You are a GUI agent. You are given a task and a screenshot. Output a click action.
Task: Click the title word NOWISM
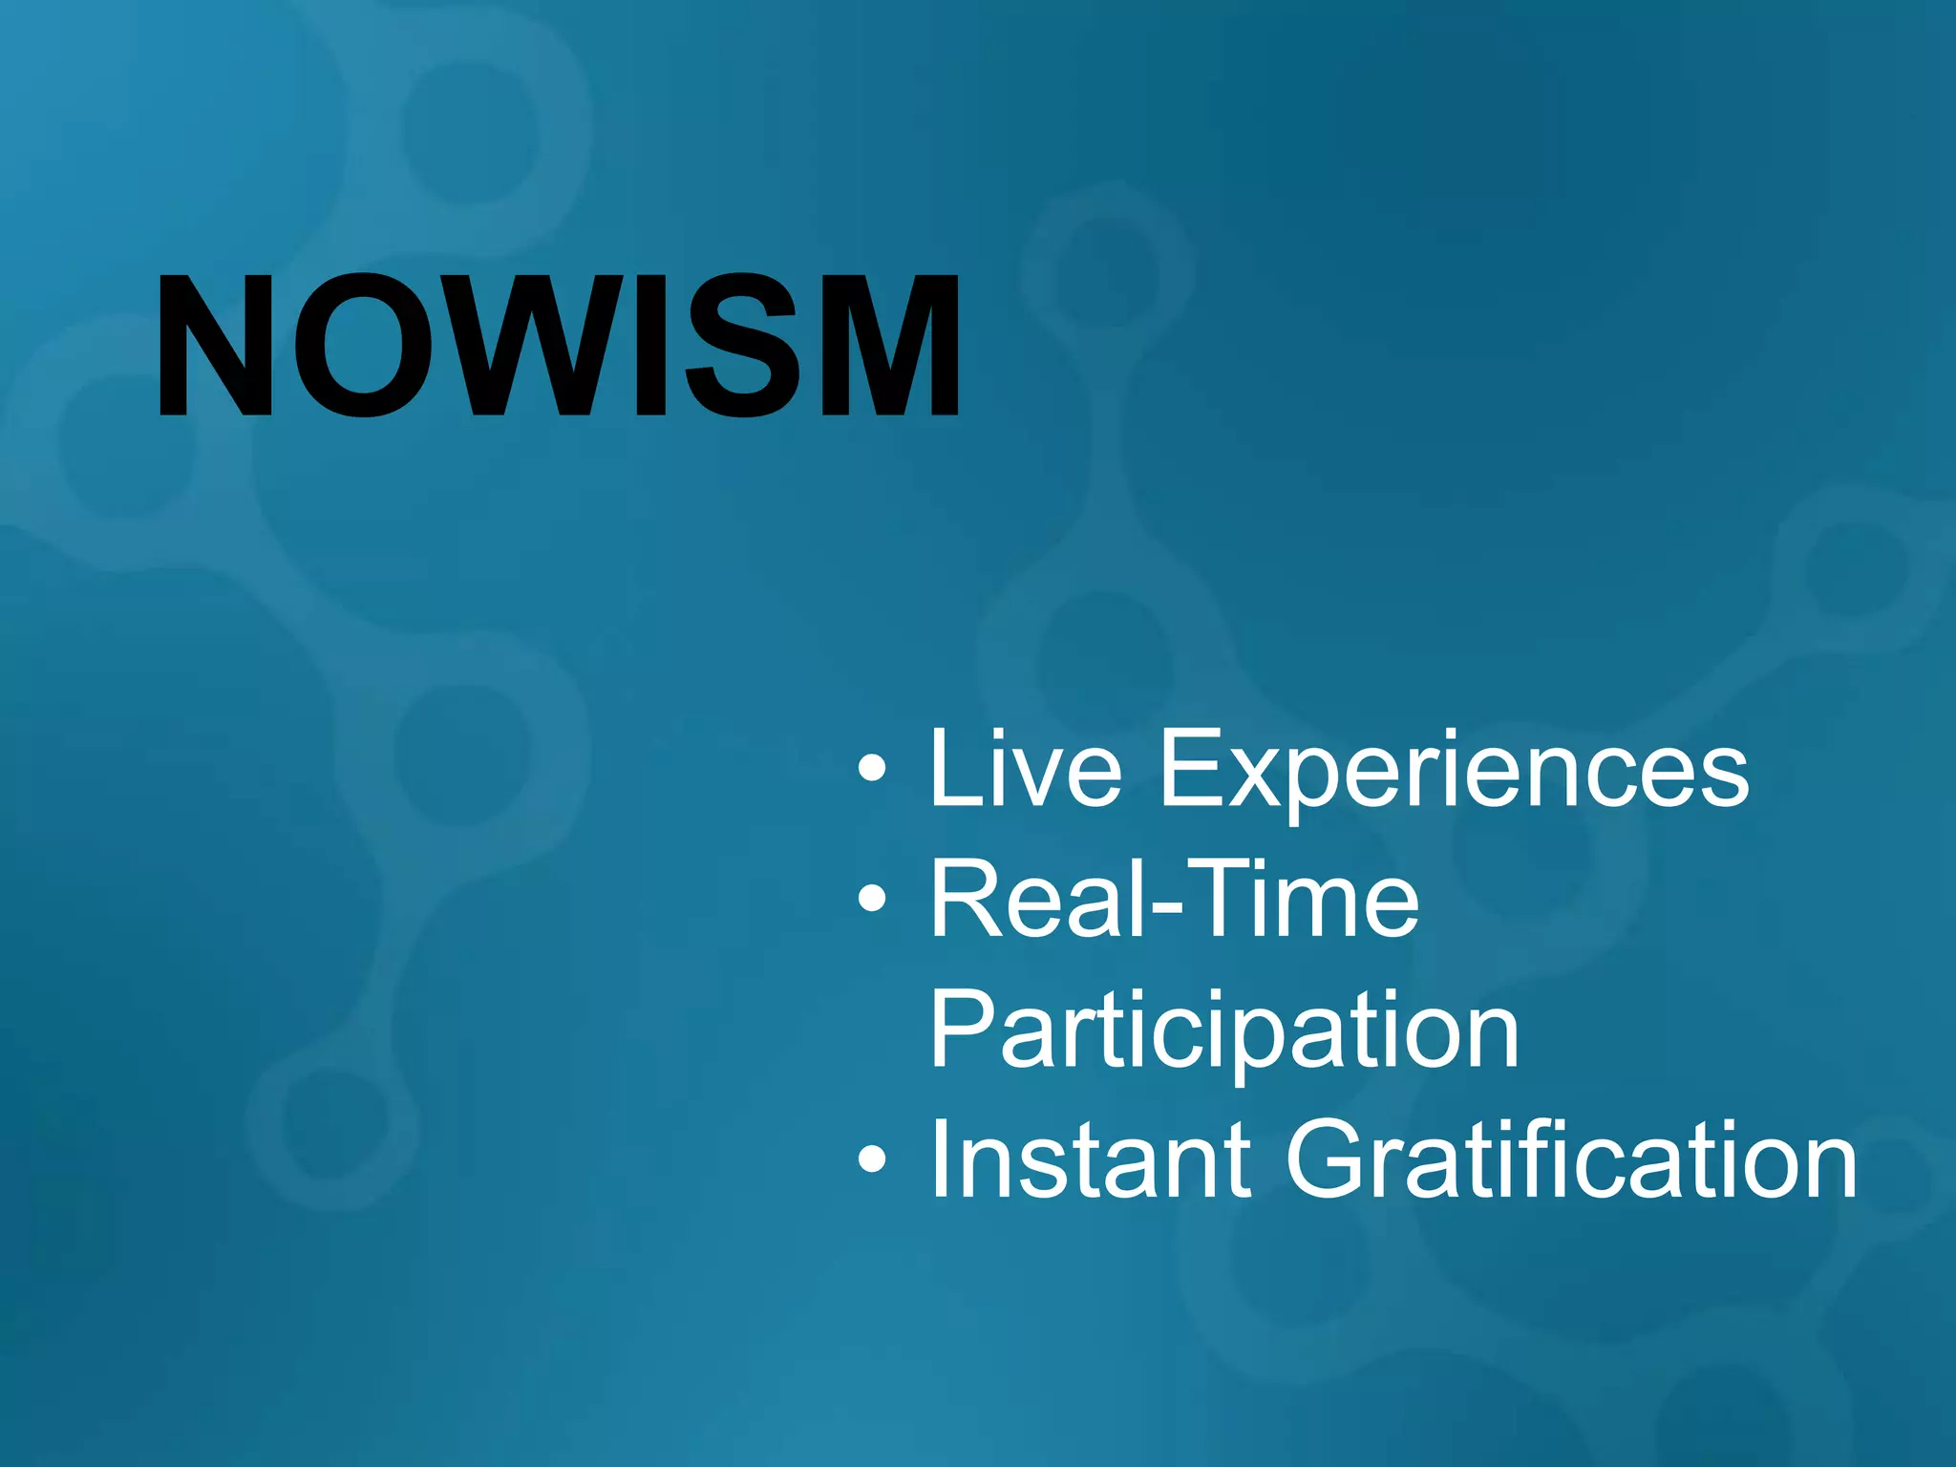[x=559, y=346]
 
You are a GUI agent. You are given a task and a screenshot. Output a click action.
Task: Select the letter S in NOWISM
[x=740, y=346]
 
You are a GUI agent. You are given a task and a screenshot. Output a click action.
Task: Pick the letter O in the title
[x=364, y=346]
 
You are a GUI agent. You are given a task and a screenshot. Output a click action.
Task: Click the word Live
[x=1026, y=768]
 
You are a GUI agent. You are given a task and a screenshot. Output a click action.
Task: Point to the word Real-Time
[x=1175, y=900]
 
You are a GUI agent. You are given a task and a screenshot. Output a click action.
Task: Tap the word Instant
[x=1089, y=1159]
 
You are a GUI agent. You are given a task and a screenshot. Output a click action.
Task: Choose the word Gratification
[x=1572, y=1159]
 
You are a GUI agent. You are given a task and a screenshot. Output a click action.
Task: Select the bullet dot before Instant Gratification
[x=871, y=1159]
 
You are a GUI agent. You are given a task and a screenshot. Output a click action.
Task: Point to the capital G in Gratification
[x=1333, y=1159]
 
